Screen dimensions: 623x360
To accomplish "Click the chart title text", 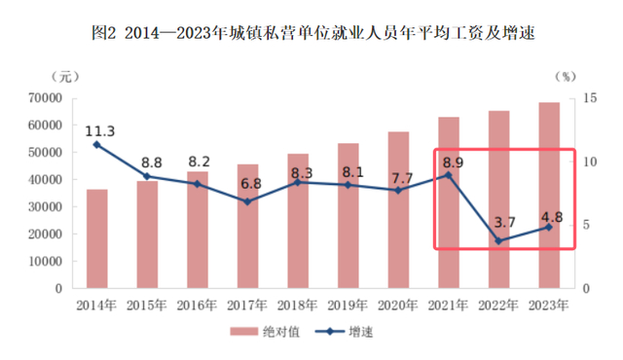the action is coord(313,32).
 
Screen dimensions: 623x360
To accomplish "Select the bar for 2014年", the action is coord(97,238).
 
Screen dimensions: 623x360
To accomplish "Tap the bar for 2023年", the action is coord(549,196).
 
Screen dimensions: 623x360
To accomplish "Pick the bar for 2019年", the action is coord(348,216).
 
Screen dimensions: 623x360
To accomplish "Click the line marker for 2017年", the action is coord(247,201).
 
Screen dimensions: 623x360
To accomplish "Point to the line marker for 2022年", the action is coord(498,241).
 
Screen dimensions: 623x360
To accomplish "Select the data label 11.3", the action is coord(99,131).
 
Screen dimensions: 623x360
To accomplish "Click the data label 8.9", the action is coord(453,162).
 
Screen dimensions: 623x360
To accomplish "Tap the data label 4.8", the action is coord(552,217).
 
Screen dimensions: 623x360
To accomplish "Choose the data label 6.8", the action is coord(251,184).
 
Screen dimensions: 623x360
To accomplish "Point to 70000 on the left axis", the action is coord(46,97).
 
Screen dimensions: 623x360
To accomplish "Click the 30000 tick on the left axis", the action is coord(46,207).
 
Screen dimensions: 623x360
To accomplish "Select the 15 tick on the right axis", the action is coord(590,97).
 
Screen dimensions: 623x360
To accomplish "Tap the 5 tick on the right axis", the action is coord(586,225).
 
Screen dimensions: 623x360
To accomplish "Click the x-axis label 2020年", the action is coord(398,306).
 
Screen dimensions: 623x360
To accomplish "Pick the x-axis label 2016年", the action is coord(197,306).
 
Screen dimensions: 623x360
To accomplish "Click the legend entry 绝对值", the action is coord(265,332).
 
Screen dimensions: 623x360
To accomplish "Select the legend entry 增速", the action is coord(344,332).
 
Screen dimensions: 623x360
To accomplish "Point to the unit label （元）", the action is coord(65,77).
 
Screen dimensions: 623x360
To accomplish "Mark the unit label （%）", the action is coord(566,77).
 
